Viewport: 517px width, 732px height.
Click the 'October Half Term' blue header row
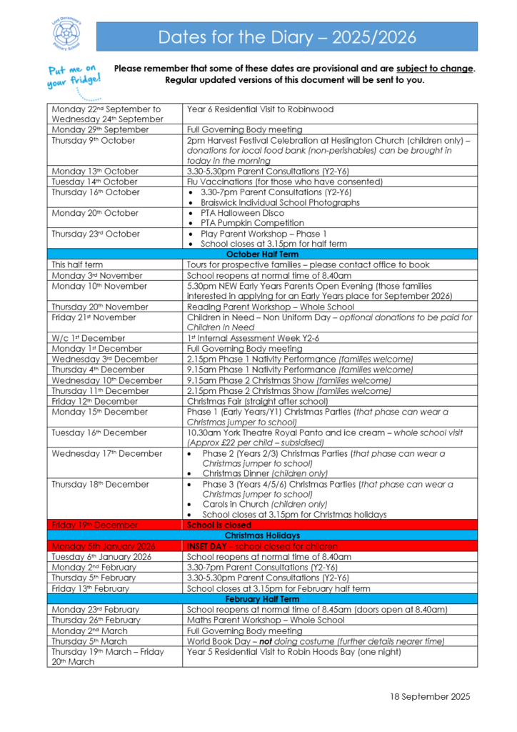[x=262, y=254]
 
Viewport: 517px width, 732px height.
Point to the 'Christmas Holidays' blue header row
[x=262, y=535]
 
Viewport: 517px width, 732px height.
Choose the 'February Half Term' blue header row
[x=262, y=599]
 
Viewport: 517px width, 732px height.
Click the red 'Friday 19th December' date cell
[x=95, y=525]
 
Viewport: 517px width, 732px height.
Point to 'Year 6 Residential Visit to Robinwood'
[x=260, y=109]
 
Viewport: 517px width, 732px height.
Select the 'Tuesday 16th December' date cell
[x=99, y=432]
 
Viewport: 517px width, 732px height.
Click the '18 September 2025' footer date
[x=430, y=697]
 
